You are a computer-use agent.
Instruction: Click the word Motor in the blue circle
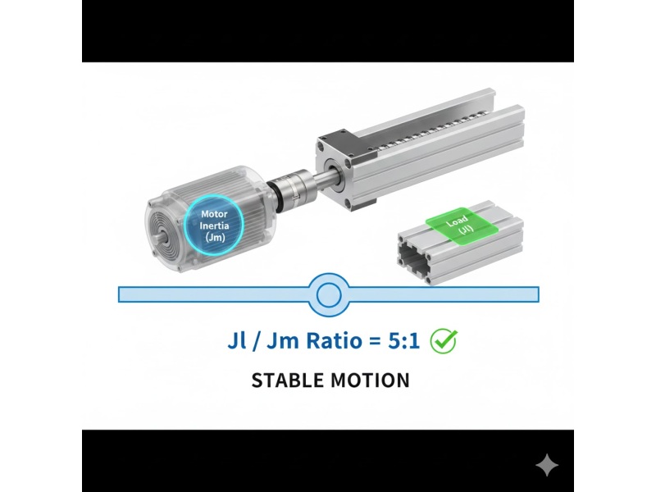[x=214, y=215]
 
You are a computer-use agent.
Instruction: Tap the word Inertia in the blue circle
[x=214, y=226]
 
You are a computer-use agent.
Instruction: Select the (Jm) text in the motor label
[x=215, y=237]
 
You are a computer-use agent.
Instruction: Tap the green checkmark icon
[x=444, y=341]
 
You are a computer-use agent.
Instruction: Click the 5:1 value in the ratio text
[x=403, y=340]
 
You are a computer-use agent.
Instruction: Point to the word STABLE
[x=288, y=380]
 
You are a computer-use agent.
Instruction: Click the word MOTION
[x=370, y=380]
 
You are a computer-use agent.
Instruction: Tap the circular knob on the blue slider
[x=329, y=294]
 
